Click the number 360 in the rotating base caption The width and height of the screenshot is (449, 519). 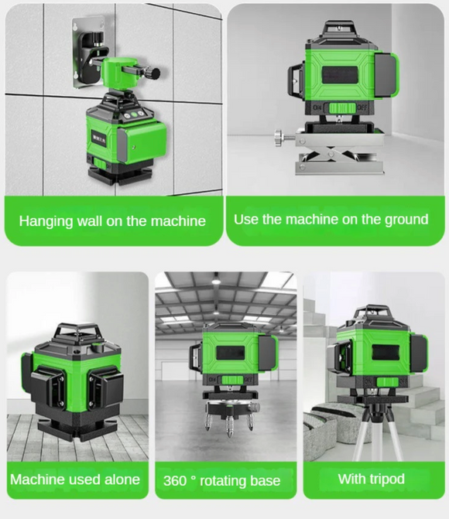click(x=175, y=480)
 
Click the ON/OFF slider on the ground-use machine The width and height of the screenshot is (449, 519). click(x=340, y=108)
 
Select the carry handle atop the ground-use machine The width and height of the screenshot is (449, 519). click(x=340, y=28)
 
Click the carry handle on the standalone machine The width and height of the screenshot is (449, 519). click(x=79, y=333)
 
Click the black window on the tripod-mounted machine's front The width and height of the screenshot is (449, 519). click(x=386, y=353)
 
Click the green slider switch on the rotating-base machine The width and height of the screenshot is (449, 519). click(x=232, y=381)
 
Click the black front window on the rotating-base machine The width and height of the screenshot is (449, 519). click(x=230, y=353)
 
